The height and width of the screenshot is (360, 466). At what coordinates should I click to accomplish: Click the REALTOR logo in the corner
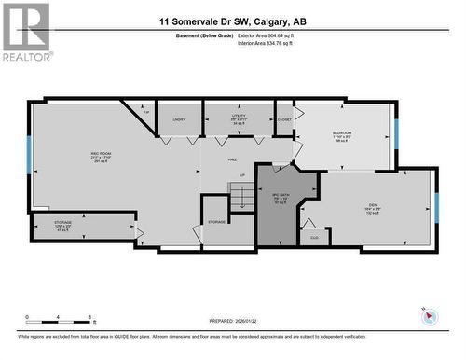click(25, 32)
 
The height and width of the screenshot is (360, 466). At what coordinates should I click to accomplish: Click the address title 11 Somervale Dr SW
click(232, 21)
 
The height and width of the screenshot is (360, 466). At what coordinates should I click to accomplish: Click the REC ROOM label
click(75, 153)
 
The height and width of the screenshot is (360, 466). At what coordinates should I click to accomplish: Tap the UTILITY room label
click(240, 118)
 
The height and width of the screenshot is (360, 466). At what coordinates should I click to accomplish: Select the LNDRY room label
click(180, 119)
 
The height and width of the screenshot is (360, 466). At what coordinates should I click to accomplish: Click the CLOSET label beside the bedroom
click(284, 118)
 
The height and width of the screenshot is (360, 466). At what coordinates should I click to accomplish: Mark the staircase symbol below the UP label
click(242, 196)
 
